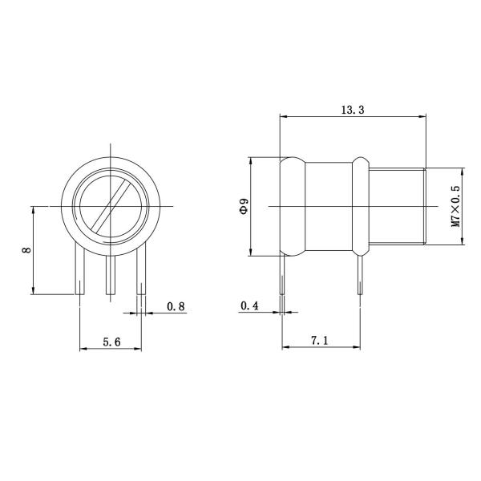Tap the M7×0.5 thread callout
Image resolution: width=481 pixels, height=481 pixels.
[455, 206]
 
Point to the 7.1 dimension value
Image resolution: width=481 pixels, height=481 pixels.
[319, 341]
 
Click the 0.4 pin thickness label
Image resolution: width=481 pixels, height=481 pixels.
[249, 306]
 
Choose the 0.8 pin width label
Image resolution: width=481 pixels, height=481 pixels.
[176, 306]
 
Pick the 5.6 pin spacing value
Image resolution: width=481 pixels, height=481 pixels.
[111, 341]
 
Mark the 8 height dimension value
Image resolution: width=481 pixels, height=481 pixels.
[26, 250]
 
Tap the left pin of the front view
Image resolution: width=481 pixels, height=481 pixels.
[80, 273]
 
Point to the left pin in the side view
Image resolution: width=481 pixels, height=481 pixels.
[281, 277]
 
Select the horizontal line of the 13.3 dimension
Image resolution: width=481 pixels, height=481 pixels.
[321, 118]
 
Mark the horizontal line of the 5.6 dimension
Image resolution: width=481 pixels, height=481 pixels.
[111, 350]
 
